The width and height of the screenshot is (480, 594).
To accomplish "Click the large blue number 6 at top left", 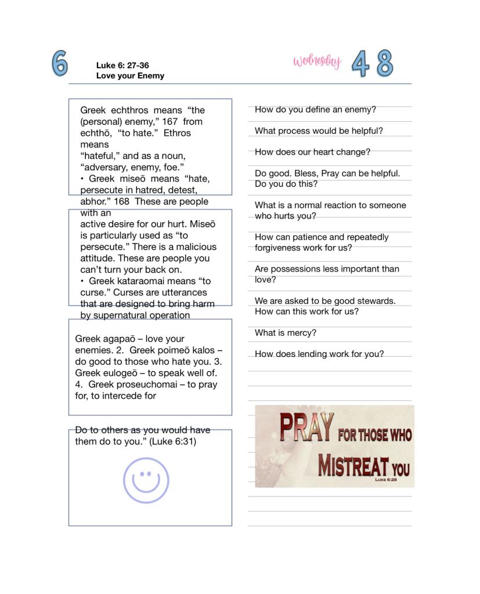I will [x=59, y=63].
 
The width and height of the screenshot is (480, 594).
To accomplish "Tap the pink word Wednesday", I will [x=317, y=61].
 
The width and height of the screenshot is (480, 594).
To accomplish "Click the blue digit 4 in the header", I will [x=360, y=64].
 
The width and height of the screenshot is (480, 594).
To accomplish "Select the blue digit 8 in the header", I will [x=385, y=63].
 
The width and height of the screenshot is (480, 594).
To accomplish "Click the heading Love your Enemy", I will [x=130, y=75].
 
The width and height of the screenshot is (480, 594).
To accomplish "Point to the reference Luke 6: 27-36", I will [x=122, y=66].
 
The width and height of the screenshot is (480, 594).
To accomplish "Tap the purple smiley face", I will [x=146, y=480].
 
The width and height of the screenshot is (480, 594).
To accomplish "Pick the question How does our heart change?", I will [x=312, y=152].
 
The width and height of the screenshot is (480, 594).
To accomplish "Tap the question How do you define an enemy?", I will [x=315, y=109].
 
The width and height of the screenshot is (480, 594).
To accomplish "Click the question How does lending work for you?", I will [x=319, y=354].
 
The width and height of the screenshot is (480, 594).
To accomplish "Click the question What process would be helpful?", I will [x=319, y=131].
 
